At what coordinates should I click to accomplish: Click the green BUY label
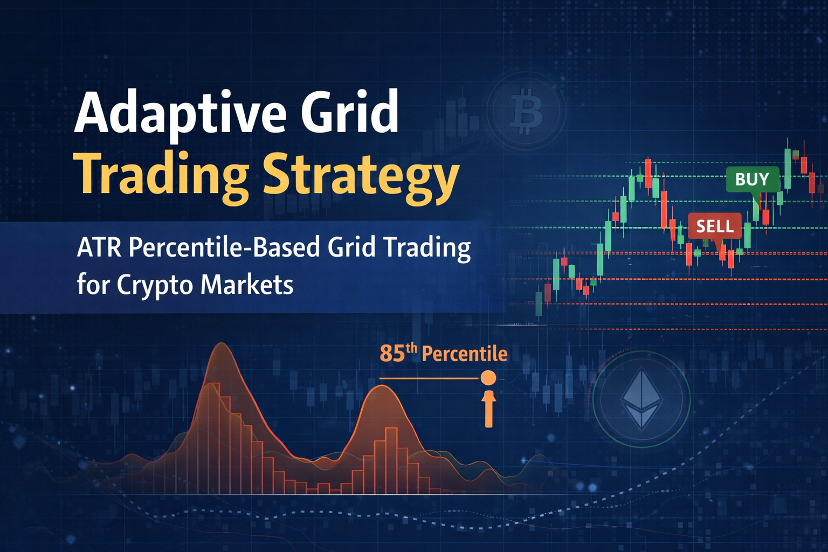(x=752, y=179)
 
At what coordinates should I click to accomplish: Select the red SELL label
(x=715, y=226)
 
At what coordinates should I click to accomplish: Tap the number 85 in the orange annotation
(x=392, y=354)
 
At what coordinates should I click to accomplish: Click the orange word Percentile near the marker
(x=464, y=354)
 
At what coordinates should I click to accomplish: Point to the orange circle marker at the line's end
(x=488, y=377)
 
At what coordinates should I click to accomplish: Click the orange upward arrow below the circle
(x=489, y=408)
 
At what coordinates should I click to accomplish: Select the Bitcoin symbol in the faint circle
(x=526, y=112)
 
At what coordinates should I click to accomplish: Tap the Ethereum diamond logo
(x=641, y=399)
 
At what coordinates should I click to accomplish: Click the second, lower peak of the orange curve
(x=381, y=387)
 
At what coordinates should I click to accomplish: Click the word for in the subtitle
(x=92, y=284)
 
